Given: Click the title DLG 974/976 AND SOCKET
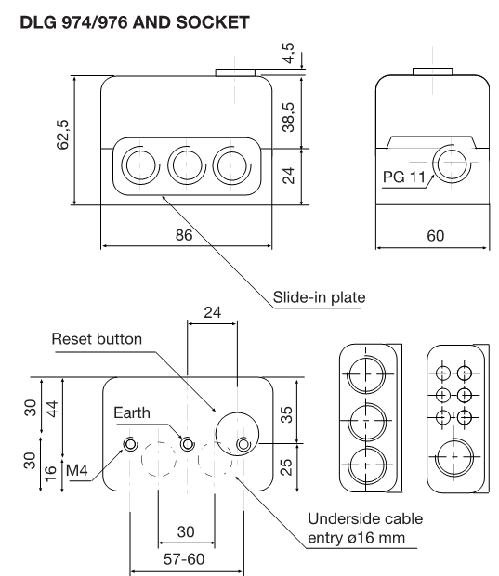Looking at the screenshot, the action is pyautogui.click(x=135, y=22).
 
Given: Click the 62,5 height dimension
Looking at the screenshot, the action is pyautogui.click(x=63, y=135).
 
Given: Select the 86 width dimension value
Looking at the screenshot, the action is pyautogui.click(x=184, y=235).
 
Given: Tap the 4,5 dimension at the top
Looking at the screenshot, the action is pyautogui.click(x=289, y=53).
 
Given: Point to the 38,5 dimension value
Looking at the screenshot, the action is pyautogui.click(x=289, y=117).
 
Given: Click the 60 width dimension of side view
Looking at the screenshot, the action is pyautogui.click(x=436, y=236).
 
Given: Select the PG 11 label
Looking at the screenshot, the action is pyautogui.click(x=404, y=177).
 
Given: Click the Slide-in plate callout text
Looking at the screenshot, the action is pyautogui.click(x=319, y=297).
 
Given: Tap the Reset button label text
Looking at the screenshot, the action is pyautogui.click(x=97, y=339).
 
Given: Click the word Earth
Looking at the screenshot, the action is pyautogui.click(x=132, y=412).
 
